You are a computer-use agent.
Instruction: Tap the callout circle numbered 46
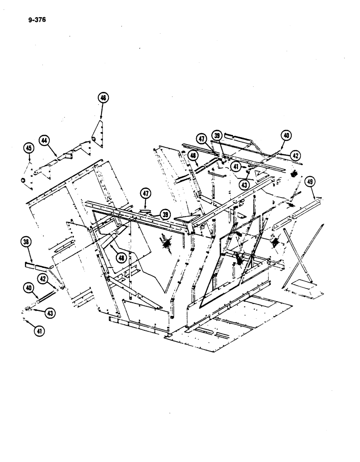click(102, 98)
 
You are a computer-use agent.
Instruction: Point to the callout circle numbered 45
click(29, 148)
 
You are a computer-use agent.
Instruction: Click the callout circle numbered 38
click(26, 242)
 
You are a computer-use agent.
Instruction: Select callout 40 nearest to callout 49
click(286, 136)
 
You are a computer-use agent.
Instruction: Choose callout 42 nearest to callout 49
click(296, 155)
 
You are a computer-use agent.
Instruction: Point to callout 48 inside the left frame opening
click(121, 258)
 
